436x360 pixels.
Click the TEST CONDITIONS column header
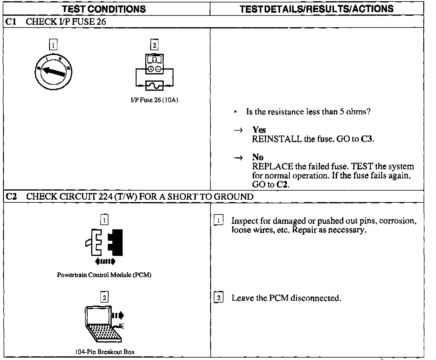104,9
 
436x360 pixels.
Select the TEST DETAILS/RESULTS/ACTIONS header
316,9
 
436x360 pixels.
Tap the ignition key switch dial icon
54,72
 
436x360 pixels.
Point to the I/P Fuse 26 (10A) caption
154,100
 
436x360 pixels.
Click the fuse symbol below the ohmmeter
154,85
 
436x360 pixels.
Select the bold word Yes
259,130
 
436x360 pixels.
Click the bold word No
258,157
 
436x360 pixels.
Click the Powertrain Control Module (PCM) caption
104,275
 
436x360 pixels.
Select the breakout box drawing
104,324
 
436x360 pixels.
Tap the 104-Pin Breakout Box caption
104,352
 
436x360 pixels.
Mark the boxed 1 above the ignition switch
53,45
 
